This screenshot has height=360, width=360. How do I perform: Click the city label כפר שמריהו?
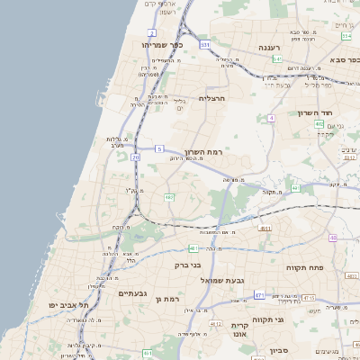coord(162,44)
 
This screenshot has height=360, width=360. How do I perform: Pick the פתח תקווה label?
coord(304,267)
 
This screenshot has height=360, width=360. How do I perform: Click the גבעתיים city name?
coord(132,293)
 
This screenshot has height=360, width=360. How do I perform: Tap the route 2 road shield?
coord(152,32)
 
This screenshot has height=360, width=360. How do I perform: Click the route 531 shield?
coord(205,43)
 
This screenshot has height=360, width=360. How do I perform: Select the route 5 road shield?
coord(159,148)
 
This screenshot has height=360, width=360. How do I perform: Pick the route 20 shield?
coord(135,157)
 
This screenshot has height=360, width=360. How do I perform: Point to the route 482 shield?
coord(169,197)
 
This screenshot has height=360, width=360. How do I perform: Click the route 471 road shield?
coord(259,294)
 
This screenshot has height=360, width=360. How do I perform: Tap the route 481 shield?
coord(193,247)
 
